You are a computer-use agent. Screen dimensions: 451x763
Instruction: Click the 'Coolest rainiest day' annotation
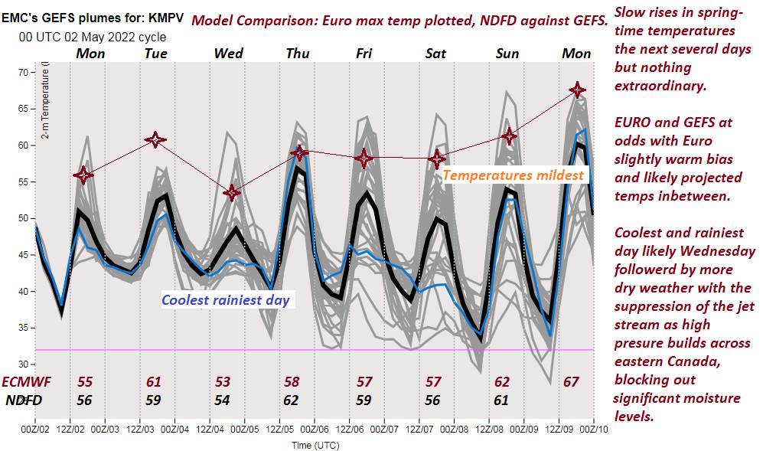pos(226,299)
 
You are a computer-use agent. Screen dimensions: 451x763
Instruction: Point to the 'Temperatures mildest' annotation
pos(513,175)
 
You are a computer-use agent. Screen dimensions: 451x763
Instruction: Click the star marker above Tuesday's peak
pos(155,139)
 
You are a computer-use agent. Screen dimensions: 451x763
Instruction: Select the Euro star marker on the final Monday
pos(578,90)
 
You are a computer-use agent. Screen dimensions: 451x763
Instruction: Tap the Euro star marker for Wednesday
pos(232,192)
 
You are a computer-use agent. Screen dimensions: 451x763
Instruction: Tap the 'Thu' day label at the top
pos(298,53)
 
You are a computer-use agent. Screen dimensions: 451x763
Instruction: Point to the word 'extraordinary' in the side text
pos(660,86)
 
